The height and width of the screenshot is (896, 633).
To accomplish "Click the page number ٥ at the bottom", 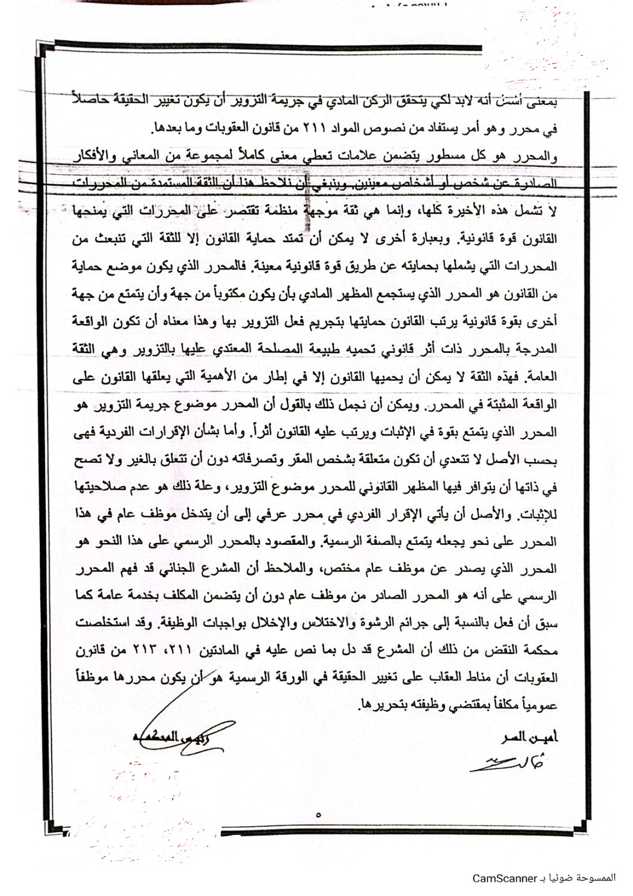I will pyautogui.click(x=318, y=815).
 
